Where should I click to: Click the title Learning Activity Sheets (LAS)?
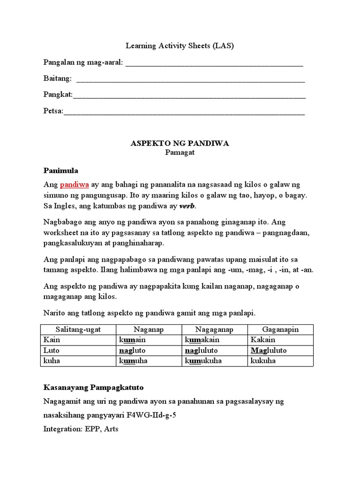point(180,46)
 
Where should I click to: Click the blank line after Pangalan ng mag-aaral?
point(214,64)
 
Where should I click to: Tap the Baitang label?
point(57,78)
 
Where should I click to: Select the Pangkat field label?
point(58,95)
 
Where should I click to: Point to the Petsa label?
point(53,111)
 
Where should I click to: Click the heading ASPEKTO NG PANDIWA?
point(180,143)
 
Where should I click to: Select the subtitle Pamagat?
point(180,152)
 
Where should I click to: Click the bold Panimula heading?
point(60,170)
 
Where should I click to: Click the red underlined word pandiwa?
point(74,185)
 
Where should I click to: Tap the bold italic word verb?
point(187,206)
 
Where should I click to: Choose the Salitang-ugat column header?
point(78,330)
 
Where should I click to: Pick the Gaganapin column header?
point(280,330)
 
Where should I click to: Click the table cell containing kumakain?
point(202,340)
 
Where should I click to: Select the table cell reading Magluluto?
point(269,351)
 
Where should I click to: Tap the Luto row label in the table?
point(51,351)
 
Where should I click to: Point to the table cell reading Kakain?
point(263,340)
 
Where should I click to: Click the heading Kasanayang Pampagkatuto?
point(93,388)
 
